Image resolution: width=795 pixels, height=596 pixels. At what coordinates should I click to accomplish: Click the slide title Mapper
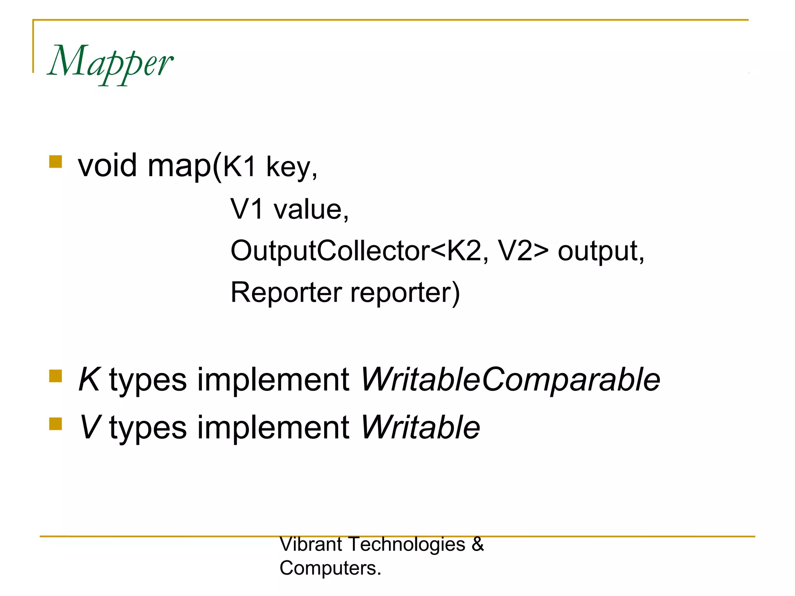[110, 62]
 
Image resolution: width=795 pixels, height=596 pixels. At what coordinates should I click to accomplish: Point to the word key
[289, 168]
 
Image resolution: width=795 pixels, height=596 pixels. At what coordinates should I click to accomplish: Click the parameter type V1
[247, 209]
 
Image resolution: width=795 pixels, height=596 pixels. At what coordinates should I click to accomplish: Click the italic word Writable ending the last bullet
[420, 427]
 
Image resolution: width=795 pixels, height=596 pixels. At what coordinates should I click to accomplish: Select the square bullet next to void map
[56, 161]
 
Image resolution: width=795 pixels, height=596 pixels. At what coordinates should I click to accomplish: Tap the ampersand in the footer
[477, 544]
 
